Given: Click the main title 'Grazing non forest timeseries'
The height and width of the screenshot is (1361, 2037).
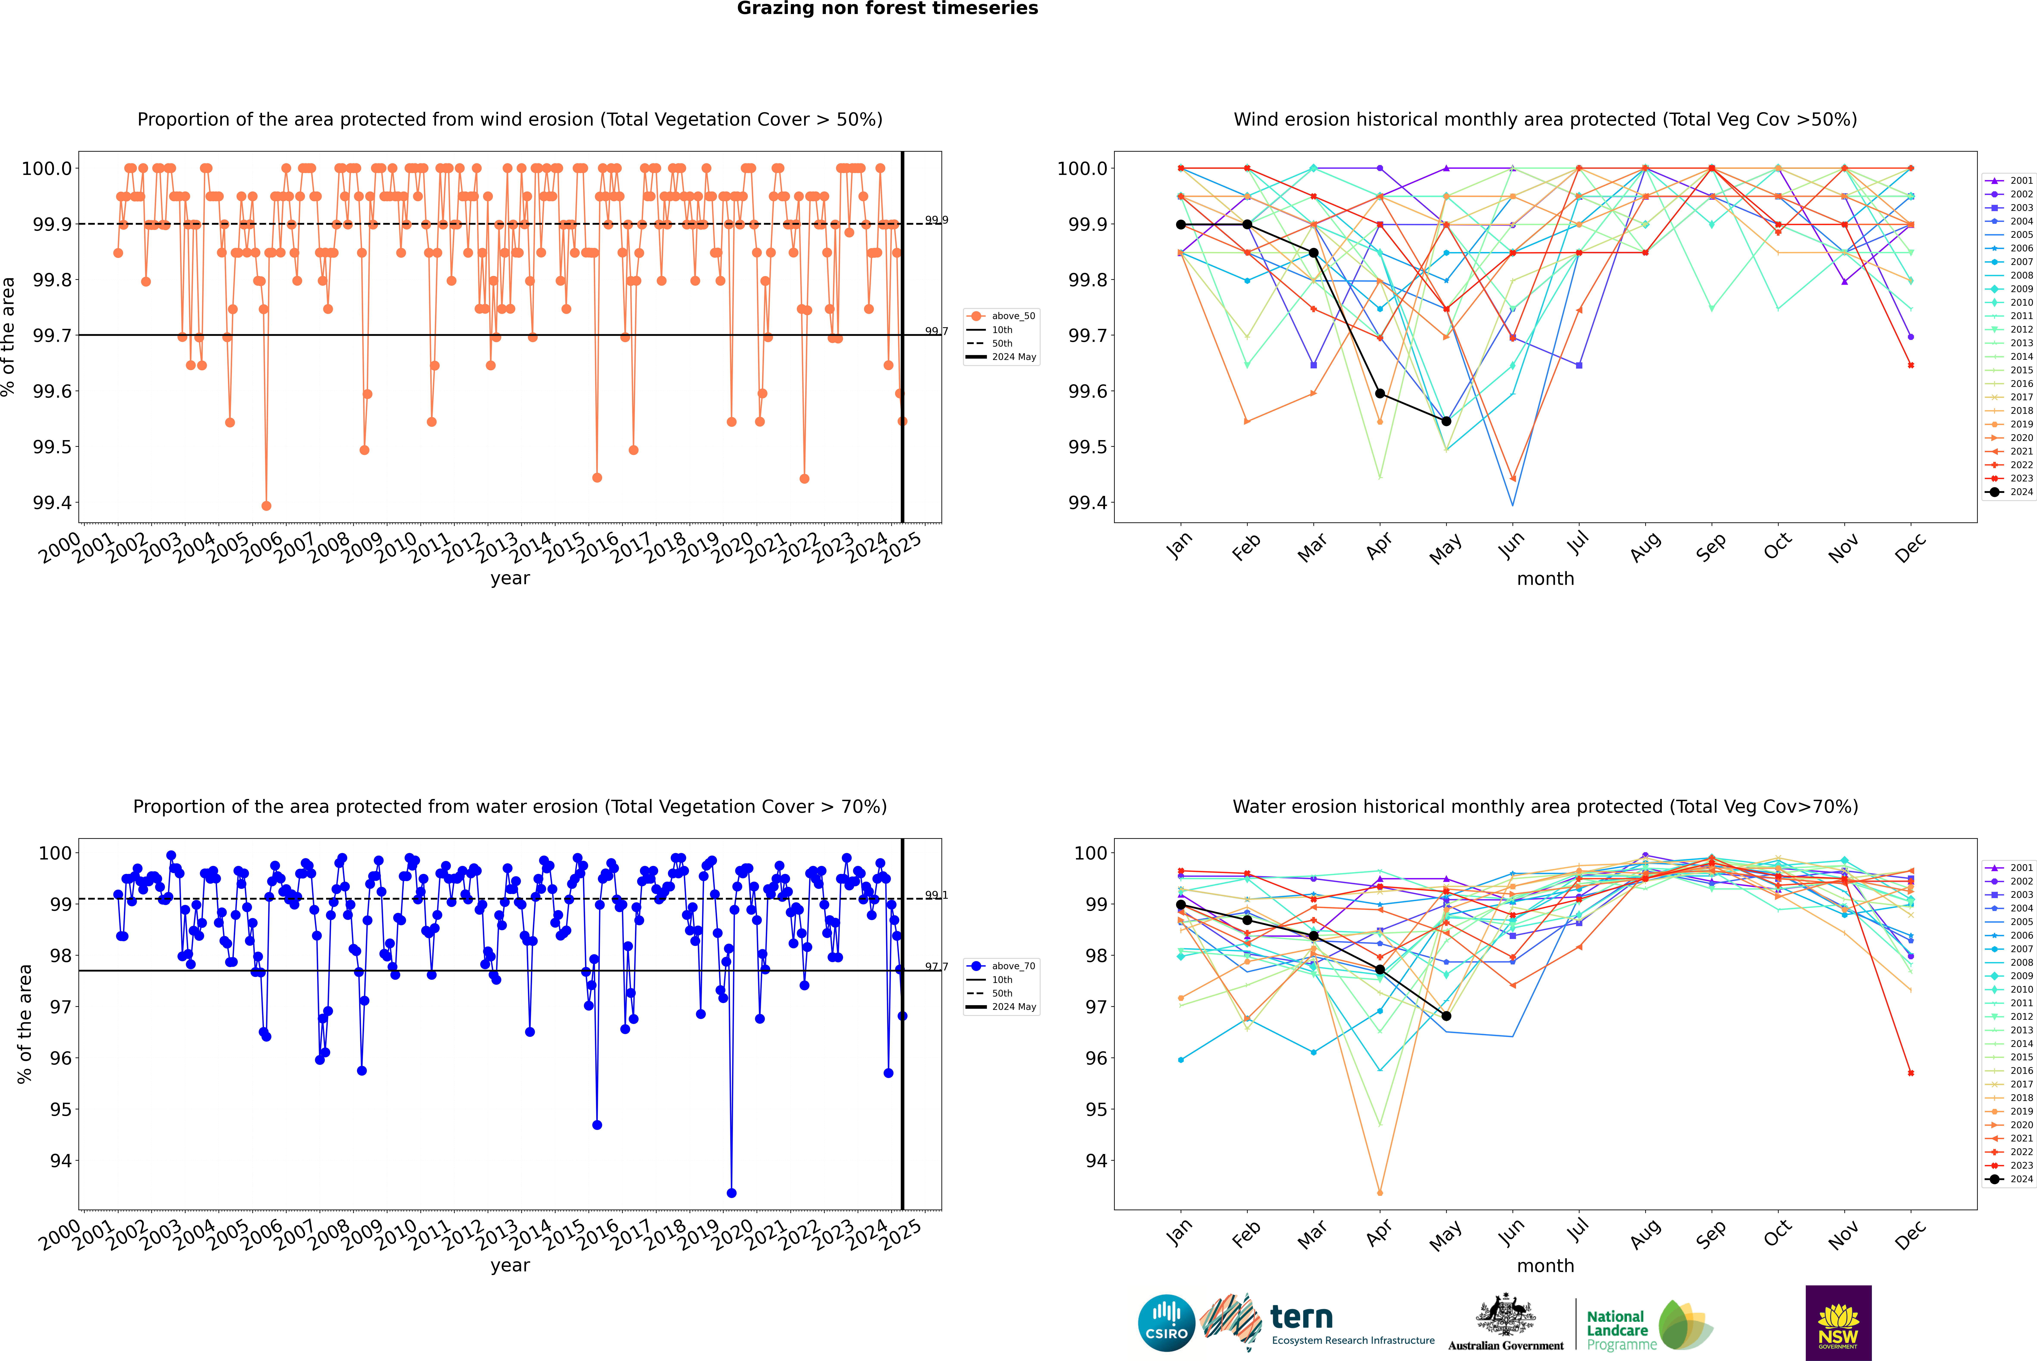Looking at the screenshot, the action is tap(887, 9).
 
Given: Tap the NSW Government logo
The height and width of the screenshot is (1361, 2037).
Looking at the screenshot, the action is tap(1838, 1323).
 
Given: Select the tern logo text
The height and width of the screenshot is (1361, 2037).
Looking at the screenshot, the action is tap(1301, 1318).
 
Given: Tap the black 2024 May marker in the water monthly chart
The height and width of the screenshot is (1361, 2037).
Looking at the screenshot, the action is tap(1446, 1015).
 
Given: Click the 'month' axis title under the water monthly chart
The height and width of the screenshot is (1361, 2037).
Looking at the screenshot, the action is tap(1545, 1266).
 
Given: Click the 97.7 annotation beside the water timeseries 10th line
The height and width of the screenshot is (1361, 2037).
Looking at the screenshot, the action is tap(936, 966).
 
